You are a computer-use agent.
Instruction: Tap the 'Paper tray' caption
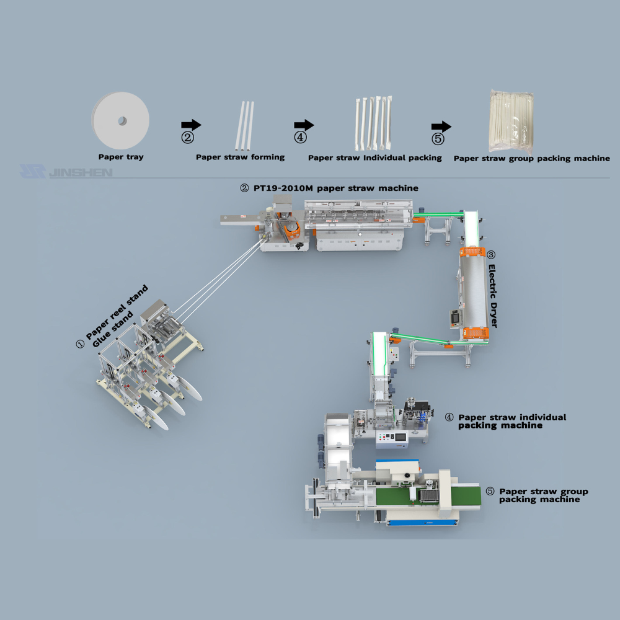[121, 157]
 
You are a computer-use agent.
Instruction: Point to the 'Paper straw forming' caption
[241, 157]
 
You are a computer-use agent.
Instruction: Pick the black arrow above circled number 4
[304, 125]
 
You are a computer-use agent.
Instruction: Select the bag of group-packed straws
[513, 121]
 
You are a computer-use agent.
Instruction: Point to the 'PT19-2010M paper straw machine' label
[337, 188]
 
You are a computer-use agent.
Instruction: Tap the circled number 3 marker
[491, 255]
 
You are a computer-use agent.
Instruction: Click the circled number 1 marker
[79, 343]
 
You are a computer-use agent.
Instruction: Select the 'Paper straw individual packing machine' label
[512, 421]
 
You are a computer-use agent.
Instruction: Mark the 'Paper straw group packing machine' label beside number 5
[543, 495]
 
